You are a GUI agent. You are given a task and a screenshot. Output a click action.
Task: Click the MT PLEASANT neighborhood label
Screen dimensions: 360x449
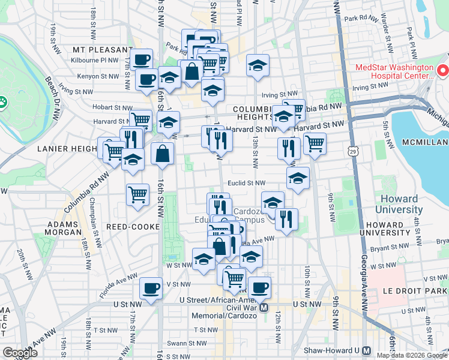point(102,50)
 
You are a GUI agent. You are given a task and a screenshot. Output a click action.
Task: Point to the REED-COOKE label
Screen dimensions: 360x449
point(132,227)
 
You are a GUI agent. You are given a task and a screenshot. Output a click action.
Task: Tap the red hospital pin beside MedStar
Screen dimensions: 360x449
point(442,71)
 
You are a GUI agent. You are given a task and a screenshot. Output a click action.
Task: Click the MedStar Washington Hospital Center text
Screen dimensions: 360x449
point(394,71)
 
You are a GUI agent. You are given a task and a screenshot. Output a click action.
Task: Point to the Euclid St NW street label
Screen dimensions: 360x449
point(246,184)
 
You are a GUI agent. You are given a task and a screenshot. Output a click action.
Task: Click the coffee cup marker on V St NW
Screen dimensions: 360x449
point(151,287)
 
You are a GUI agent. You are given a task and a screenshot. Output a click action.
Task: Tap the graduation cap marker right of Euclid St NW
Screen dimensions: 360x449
point(298,179)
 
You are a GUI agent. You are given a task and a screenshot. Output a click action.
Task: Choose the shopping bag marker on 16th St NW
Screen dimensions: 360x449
point(162,154)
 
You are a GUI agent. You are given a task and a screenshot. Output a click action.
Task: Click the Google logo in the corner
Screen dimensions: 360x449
point(20,353)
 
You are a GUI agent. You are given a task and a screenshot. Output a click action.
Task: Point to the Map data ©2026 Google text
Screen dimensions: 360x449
point(411,355)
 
